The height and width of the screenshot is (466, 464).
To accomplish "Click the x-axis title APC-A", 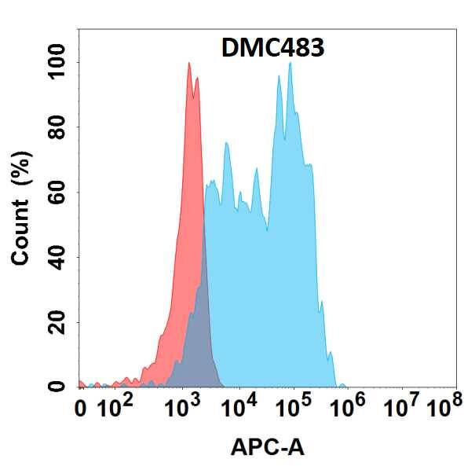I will pos(268,448).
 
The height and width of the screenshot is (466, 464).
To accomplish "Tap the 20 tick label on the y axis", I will pos(56,322).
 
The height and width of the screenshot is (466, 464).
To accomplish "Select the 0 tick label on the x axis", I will pos(81,409).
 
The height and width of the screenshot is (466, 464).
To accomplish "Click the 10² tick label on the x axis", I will pos(117,407).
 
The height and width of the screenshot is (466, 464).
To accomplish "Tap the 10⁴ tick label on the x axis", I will pos(240,407).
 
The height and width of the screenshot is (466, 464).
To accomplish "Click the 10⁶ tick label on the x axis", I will pos(350,407).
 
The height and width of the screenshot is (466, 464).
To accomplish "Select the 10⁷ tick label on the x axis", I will pos(405,407).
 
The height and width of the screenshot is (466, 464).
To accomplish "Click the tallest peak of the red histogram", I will pos(189,64).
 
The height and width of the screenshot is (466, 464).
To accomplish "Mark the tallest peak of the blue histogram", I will pos(290,64).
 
